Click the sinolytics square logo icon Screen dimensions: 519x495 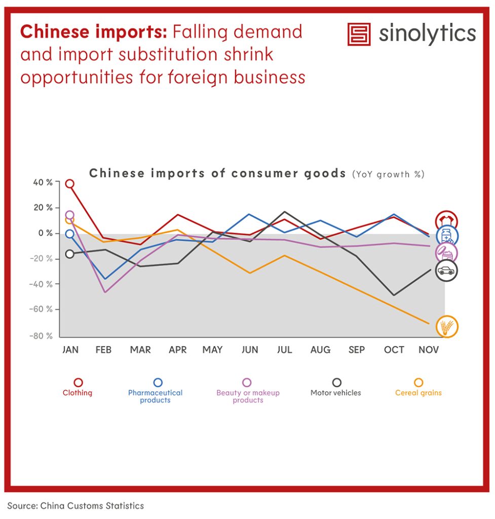point(359,34)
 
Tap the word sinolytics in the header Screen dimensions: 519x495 point(427,34)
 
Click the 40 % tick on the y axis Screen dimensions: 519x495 point(43,182)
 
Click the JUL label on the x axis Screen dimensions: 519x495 point(284,350)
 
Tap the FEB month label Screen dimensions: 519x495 point(103,350)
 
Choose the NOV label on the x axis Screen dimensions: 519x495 point(429,350)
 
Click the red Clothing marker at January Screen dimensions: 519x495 point(70,183)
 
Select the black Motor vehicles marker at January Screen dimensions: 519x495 point(70,254)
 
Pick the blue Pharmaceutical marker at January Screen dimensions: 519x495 point(70,234)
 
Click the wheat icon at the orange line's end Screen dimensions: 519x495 point(447,326)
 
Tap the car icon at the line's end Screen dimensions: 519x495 point(446,271)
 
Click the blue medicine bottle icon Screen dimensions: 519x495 point(447,236)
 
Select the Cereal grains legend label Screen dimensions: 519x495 point(418,393)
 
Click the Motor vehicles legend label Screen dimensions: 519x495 point(336,393)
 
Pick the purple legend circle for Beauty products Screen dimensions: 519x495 point(247,383)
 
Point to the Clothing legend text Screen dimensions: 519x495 point(78,393)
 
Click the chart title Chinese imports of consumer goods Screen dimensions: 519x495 point(217,173)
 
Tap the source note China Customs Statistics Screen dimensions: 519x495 point(75,505)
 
